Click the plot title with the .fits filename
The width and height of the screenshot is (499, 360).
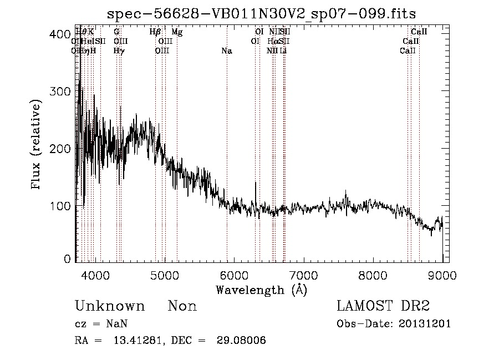click(x=261, y=13)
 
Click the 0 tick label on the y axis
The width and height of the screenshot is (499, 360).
click(x=67, y=259)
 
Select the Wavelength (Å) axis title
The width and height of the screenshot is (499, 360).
click(x=261, y=290)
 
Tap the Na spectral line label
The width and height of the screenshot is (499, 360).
click(x=226, y=51)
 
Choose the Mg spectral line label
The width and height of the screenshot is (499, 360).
click(x=177, y=32)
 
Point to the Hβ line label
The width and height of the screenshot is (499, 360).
click(x=155, y=32)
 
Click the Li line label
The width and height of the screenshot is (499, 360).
click(x=283, y=51)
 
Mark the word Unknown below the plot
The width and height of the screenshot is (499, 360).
click(x=110, y=306)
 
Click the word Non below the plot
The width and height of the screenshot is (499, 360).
click(x=182, y=306)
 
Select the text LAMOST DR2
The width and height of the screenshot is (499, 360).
click(x=383, y=306)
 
